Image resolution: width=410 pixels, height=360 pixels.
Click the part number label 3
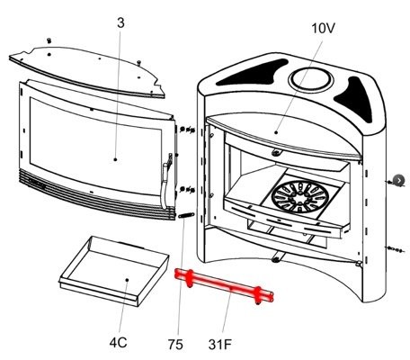120,23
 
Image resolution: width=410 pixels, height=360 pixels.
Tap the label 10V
323,28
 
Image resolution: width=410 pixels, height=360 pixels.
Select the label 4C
118,342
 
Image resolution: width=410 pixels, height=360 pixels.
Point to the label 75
175,345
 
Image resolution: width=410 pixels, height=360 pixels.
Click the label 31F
220,345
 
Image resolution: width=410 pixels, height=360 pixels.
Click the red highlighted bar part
224,286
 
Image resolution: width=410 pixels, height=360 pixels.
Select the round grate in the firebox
300,196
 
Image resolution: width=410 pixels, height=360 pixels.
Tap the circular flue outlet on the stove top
311,79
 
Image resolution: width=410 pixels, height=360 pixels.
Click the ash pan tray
114,271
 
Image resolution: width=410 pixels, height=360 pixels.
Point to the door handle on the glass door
165,183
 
